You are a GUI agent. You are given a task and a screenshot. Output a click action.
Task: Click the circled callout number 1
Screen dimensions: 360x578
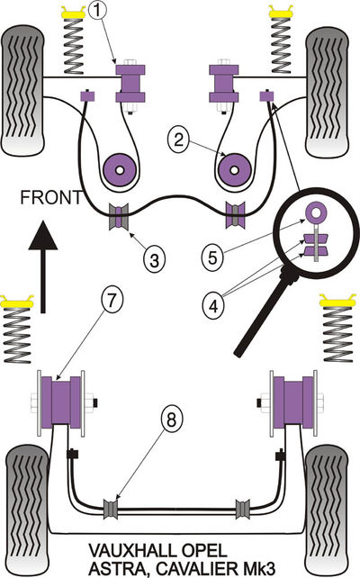tap(97, 10)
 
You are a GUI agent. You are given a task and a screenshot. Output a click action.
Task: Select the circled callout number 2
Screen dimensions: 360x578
tap(178, 140)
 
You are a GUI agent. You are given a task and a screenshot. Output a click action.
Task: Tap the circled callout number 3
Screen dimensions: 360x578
tap(154, 259)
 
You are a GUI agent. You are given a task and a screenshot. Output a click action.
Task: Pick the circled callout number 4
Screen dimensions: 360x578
tap(213, 305)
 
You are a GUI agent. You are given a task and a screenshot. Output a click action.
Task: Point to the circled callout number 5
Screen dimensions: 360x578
tap(212, 257)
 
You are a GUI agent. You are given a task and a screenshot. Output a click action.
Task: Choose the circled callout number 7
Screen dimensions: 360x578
tap(112, 300)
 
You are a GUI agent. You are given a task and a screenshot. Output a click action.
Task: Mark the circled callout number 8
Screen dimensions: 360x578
tap(171, 420)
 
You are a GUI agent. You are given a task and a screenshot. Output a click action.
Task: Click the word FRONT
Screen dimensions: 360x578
tap(51, 197)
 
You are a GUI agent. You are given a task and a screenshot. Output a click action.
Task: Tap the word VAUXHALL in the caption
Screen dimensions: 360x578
tap(133, 551)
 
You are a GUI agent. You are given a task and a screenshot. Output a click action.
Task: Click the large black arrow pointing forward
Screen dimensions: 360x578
tap(42, 266)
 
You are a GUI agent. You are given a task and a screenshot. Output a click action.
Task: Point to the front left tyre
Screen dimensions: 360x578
tap(23, 90)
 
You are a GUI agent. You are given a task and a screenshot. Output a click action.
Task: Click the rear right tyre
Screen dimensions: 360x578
tap(327, 510)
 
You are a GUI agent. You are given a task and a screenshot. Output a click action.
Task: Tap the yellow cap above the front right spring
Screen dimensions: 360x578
tap(281, 13)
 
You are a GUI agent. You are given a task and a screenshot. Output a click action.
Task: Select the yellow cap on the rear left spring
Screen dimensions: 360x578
tap(16, 303)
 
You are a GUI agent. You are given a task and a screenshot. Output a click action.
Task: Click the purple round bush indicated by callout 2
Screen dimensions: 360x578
tap(234, 170)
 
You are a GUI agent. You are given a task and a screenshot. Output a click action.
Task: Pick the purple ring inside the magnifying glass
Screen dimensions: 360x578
tap(316, 212)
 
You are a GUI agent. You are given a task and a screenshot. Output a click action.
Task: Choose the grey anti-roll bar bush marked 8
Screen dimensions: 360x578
tap(110, 509)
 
